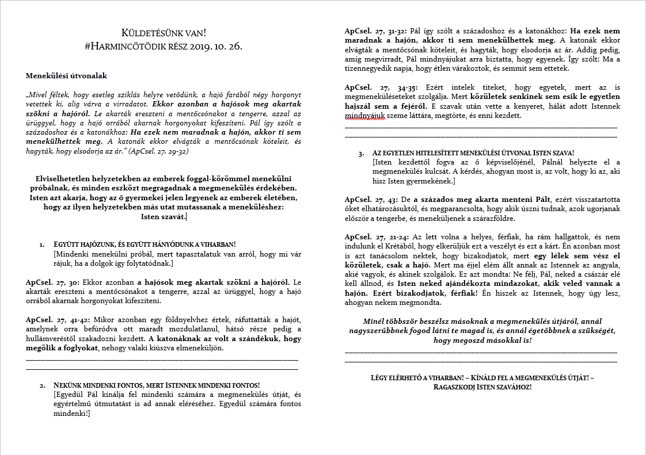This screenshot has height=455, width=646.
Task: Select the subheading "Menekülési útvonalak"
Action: pyautogui.click(x=66, y=75)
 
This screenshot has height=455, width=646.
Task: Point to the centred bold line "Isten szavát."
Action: pyautogui.click(x=163, y=216)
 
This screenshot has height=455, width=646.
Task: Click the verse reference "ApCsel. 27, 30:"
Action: pyautogui.click(x=54, y=282)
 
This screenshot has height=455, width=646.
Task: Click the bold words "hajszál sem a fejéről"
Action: pyautogui.click(x=385, y=106)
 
